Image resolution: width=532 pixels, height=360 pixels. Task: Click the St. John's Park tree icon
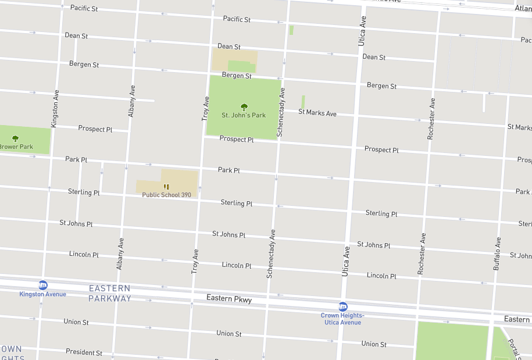[244, 106]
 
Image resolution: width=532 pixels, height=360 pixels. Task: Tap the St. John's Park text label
[244, 115]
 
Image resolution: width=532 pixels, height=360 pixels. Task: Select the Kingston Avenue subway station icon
[42, 285]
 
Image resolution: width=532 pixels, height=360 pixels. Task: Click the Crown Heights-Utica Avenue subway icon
[343, 306]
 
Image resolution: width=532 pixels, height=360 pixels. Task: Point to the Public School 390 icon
[166, 187]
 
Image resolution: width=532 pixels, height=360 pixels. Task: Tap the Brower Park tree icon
[15, 138]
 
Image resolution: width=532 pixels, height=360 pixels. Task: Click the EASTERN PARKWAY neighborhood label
[109, 293]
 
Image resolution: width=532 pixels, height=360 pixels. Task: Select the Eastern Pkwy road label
[229, 299]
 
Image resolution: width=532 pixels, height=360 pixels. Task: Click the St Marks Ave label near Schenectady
[317, 112]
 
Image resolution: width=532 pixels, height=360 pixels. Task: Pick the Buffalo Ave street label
[497, 254]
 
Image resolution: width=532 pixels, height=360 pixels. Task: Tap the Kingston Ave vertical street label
[55, 109]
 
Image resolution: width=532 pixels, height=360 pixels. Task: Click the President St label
[84, 352]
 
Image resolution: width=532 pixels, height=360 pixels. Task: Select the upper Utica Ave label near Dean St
[362, 31]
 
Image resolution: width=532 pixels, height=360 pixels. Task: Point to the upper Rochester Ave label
[431, 118]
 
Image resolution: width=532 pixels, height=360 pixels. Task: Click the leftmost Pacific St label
[84, 8]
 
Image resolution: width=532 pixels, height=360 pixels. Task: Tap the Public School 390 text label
[166, 195]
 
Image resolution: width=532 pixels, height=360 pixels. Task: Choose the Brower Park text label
[16, 147]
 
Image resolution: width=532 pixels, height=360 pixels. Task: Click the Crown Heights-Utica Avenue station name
[342, 319]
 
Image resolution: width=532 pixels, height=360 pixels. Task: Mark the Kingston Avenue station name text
[42, 294]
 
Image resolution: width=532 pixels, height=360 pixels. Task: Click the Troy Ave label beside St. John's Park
[205, 108]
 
